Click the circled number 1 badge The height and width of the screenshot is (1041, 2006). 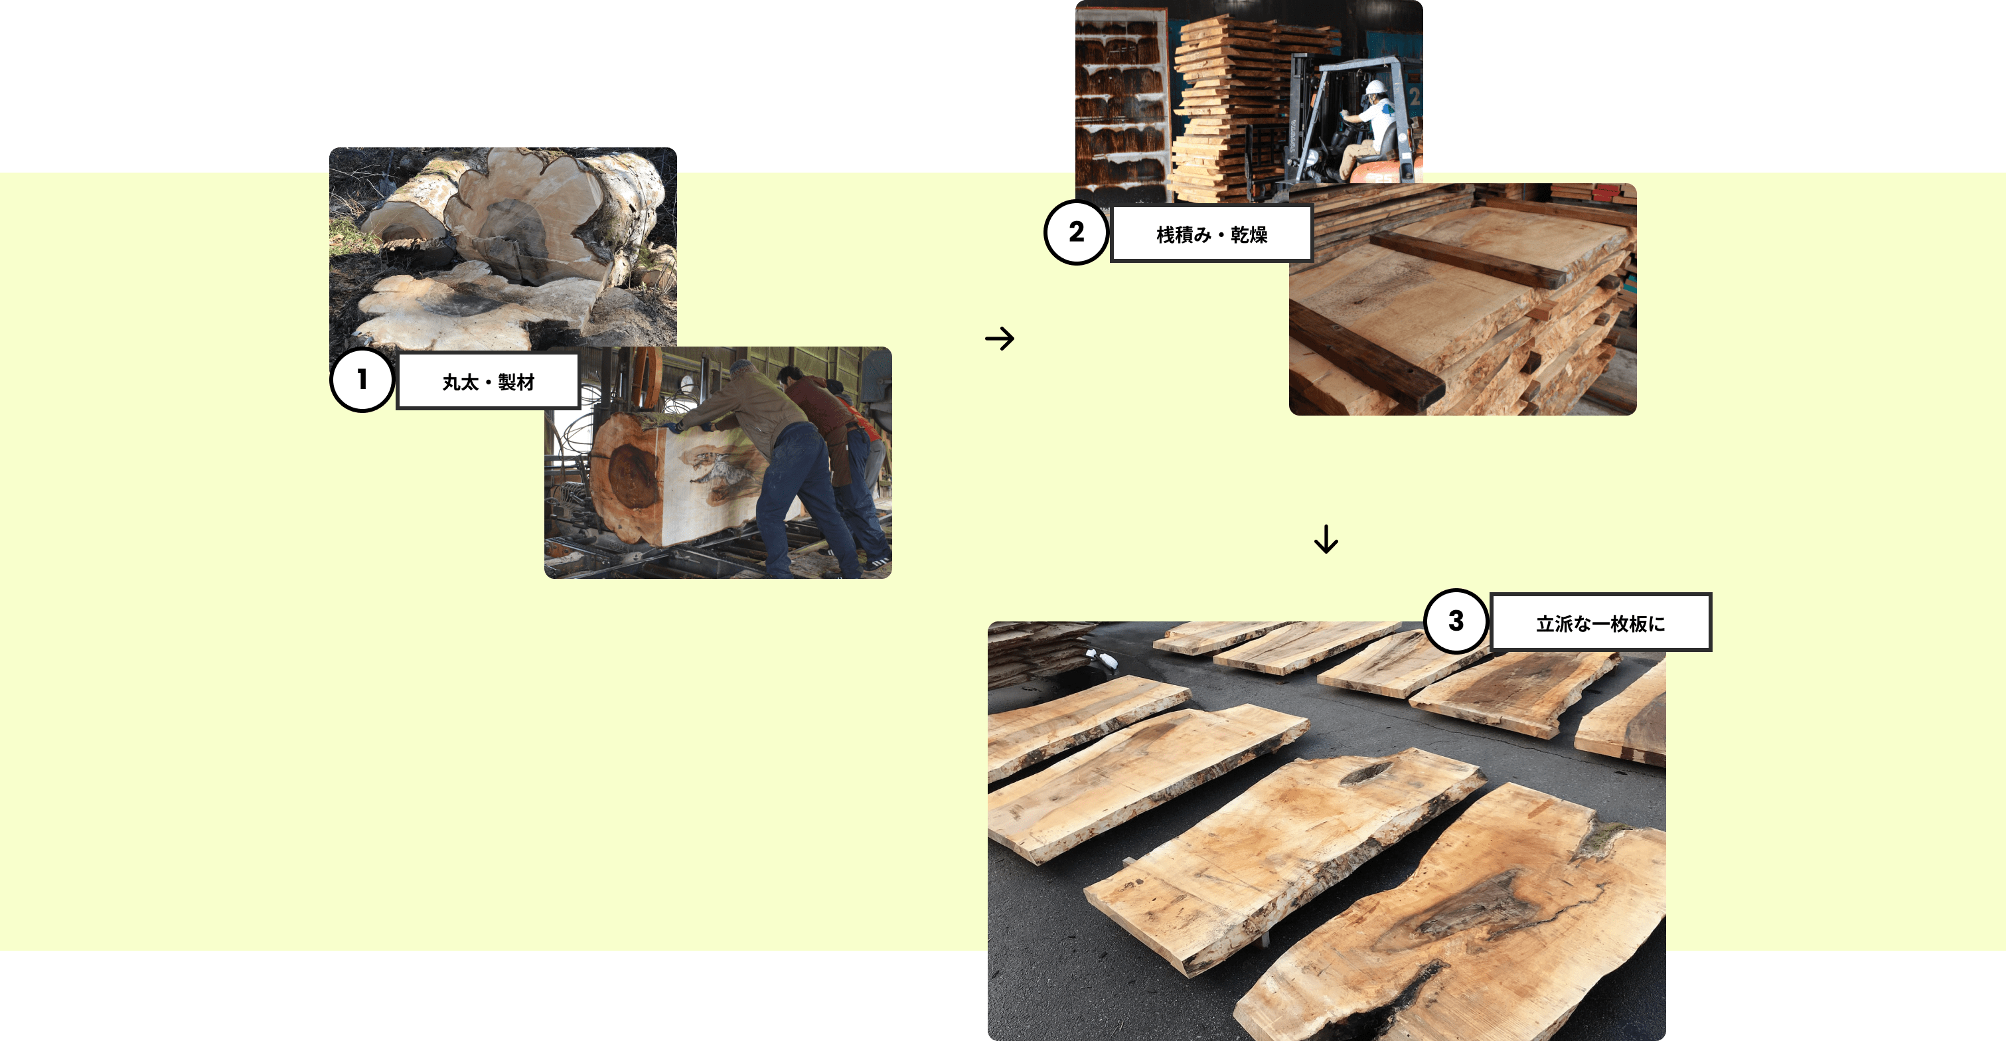[362, 380]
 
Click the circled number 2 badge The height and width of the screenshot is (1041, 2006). [1076, 232]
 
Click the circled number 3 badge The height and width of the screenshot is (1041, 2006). [1456, 621]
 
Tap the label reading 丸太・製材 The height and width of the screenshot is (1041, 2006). [489, 382]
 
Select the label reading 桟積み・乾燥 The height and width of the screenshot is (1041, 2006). [1211, 234]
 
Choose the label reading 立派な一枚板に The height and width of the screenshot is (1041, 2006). [1600, 623]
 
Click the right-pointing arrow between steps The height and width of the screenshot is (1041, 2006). [1000, 338]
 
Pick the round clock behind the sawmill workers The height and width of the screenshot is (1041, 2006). [686, 384]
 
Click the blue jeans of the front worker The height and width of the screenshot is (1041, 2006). [802, 499]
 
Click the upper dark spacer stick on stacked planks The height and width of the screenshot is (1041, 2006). [1468, 260]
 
